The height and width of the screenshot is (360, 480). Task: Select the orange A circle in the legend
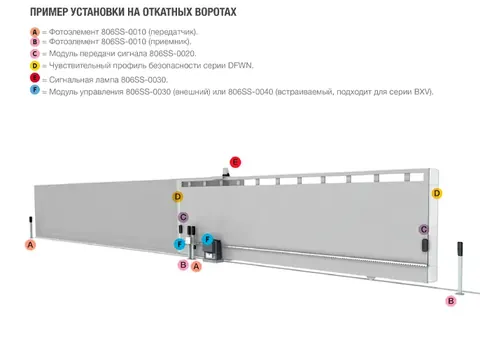[x=35, y=32]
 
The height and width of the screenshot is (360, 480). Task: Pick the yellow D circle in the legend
[x=35, y=66]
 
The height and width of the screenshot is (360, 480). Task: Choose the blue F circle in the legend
[x=35, y=90]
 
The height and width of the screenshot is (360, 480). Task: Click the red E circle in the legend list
[x=35, y=78]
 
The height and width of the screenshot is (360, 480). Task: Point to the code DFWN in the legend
[x=240, y=65]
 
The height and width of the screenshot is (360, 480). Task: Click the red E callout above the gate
[x=235, y=162]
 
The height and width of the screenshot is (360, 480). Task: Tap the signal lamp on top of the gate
[x=226, y=173]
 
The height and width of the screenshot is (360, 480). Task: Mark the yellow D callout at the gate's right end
[x=437, y=193]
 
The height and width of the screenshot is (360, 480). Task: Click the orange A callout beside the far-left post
[x=31, y=245]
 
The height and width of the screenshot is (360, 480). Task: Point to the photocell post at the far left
[x=31, y=227]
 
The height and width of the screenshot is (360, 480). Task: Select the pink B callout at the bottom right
[x=451, y=301]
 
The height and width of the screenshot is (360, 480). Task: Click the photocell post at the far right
[x=460, y=268]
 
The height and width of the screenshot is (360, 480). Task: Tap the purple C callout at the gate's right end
[x=424, y=229]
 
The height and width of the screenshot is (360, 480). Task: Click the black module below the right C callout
[x=425, y=245]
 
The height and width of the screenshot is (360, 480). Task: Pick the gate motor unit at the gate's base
[x=213, y=251]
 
